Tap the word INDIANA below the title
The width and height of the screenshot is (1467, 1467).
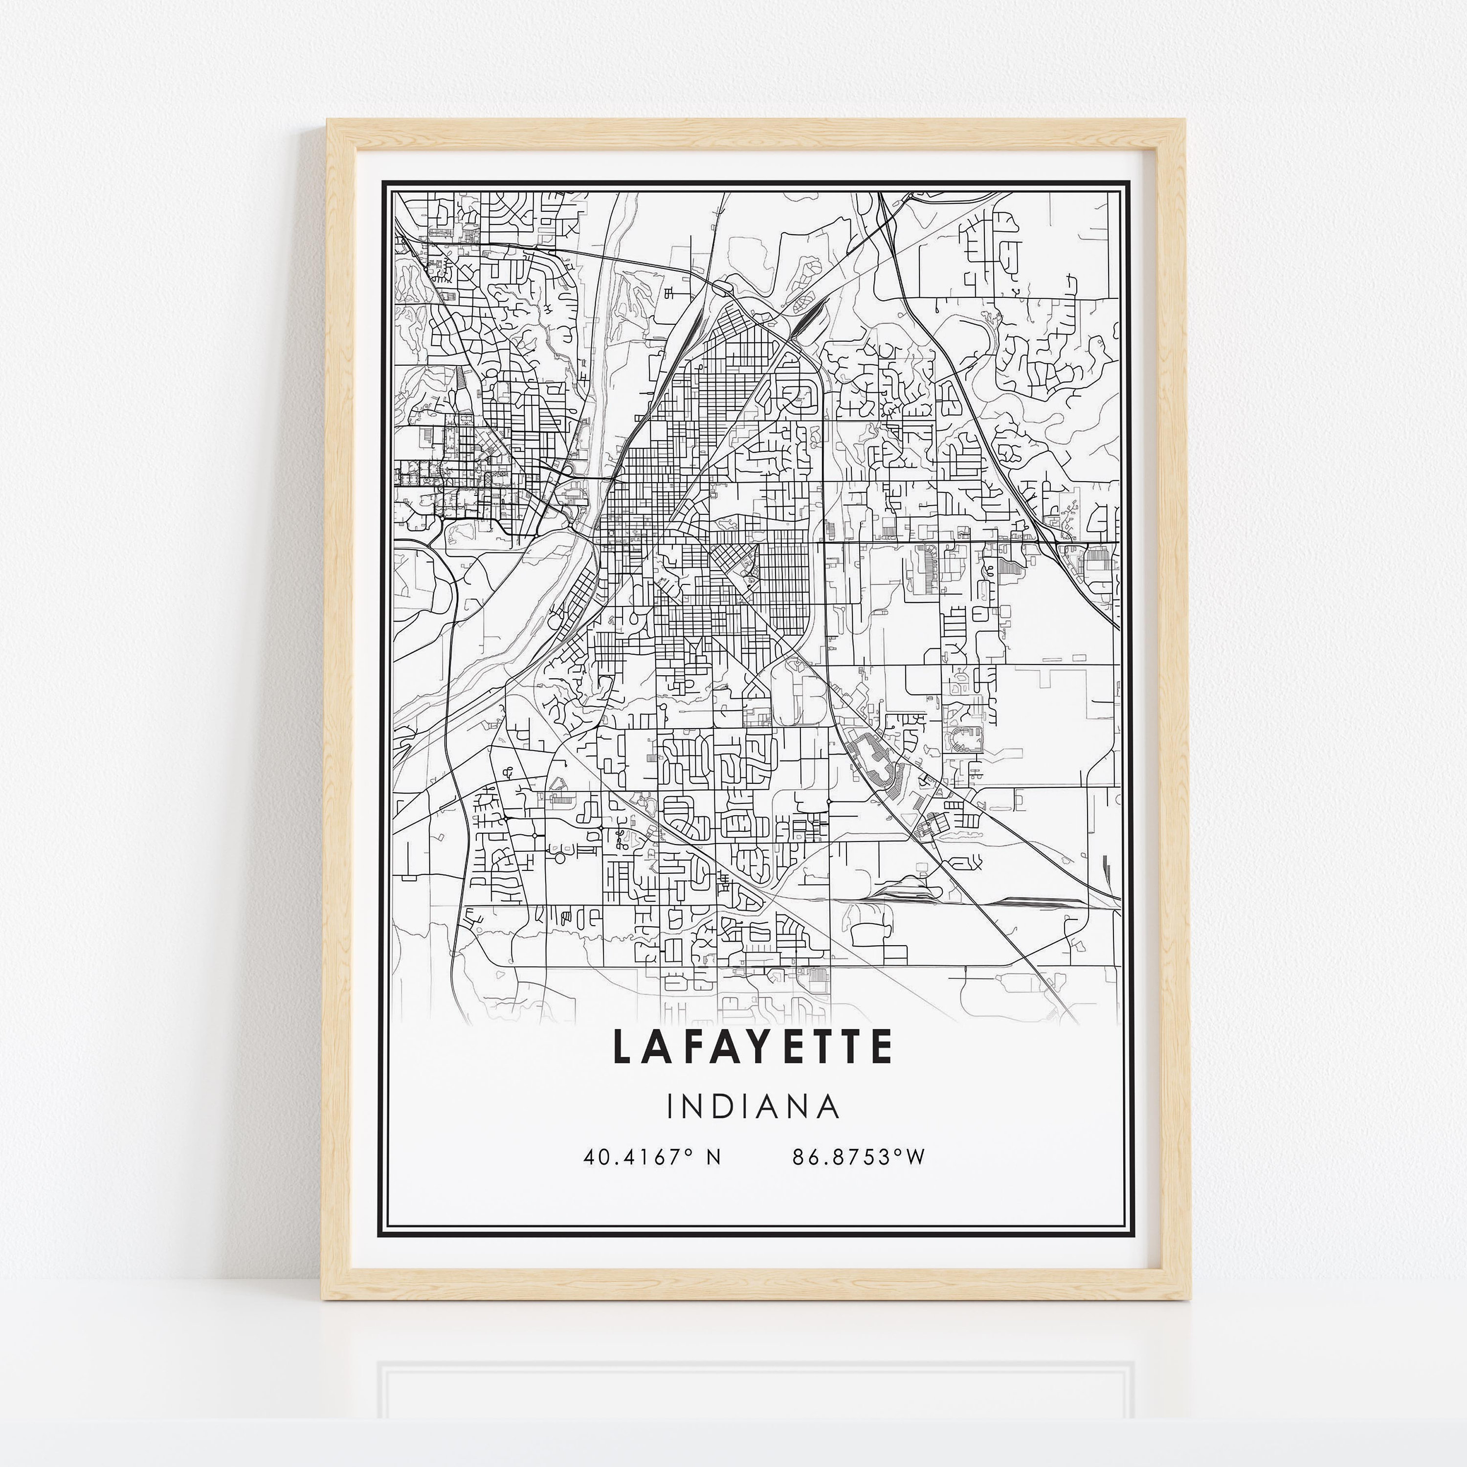point(753,1107)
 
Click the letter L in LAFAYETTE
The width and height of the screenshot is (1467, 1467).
point(622,1047)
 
